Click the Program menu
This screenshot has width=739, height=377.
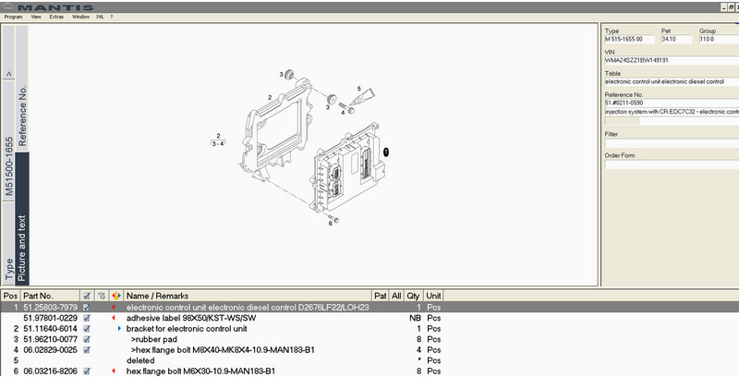(13, 17)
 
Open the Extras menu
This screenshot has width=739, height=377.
(56, 17)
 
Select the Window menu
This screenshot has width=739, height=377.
(80, 17)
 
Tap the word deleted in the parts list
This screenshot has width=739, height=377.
(140, 360)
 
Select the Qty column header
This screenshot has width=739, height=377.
(413, 296)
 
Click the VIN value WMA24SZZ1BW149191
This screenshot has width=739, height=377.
(638, 60)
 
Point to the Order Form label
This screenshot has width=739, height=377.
(620, 155)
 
